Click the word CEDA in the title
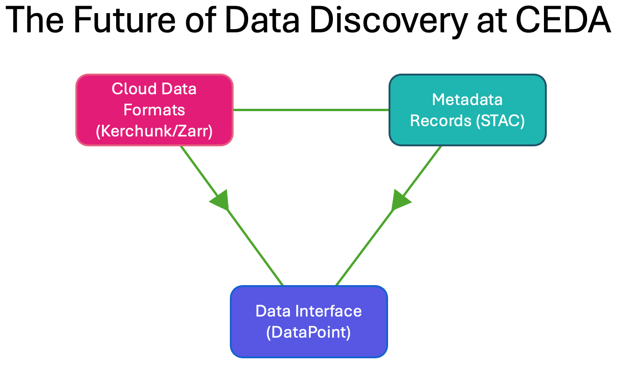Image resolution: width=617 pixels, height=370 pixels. [563, 20]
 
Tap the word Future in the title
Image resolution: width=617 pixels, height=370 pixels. [125, 20]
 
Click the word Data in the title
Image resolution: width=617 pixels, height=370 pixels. [262, 20]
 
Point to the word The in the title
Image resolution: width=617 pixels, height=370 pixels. [35, 20]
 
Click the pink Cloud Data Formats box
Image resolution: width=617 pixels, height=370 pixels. [154, 110]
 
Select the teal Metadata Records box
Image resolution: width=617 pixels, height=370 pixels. [468, 110]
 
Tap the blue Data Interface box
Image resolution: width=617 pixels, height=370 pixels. [309, 322]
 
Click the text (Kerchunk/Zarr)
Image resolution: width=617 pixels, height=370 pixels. [154, 131]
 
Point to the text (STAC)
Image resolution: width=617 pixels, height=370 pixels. [500, 121]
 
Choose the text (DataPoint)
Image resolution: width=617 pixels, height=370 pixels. [308, 332]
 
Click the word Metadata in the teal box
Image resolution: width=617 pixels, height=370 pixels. [467, 99]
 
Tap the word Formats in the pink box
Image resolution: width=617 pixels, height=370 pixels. [154, 110]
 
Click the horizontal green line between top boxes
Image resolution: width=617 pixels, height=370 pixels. [311, 110]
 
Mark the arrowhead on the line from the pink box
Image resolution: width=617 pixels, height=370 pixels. [221, 201]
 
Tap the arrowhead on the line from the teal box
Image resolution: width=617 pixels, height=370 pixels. [400, 201]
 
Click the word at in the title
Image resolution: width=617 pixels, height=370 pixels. [492, 22]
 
